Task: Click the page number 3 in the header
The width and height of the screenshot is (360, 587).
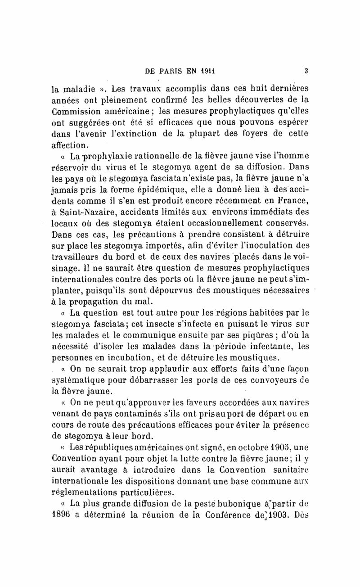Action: (306, 70)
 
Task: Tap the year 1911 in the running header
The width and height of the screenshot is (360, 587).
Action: (205, 71)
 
